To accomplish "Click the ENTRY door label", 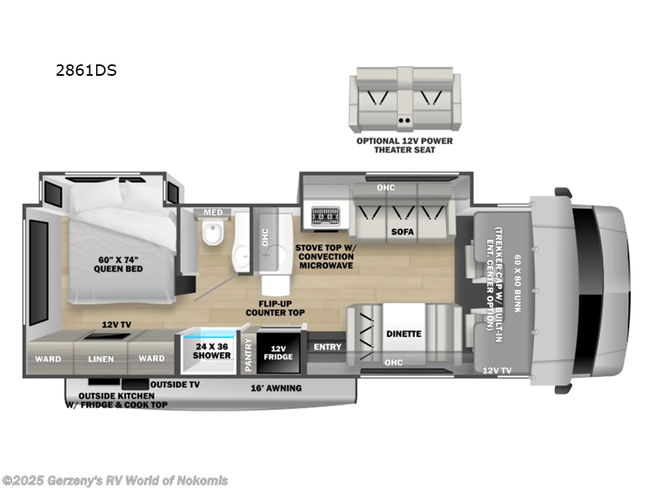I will [325, 348].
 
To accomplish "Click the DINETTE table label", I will [404, 333].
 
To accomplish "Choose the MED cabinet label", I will [212, 214].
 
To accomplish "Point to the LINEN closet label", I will [100, 359].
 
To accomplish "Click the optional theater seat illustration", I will [400, 102].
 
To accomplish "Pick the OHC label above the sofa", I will [386, 188].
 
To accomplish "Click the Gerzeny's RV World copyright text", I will [116, 481].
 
